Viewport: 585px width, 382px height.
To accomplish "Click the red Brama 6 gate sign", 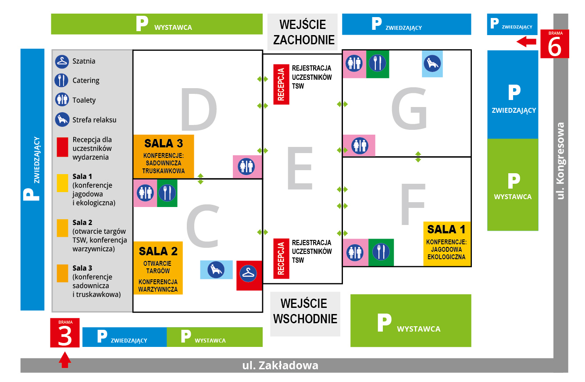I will (x=554, y=44).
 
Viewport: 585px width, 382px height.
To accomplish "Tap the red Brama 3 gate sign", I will (x=65, y=333).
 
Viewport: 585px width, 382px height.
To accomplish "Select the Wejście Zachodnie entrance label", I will (x=303, y=32).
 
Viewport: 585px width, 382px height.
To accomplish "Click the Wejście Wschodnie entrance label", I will (x=305, y=311).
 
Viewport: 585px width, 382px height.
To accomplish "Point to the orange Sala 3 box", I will (x=163, y=156).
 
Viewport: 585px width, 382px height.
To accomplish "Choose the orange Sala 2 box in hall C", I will (x=158, y=268).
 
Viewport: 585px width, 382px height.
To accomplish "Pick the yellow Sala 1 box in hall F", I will (x=447, y=244).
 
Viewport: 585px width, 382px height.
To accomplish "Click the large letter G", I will (x=409, y=108).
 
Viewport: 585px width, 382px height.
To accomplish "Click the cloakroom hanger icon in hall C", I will (x=249, y=275).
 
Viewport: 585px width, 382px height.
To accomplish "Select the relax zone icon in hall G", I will (x=432, y=64).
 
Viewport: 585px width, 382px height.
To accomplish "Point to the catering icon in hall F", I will (x=381, y=252).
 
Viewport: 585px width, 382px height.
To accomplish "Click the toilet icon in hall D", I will (x=247, y=167).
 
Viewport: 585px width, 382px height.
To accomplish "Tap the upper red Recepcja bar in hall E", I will (x=281, y=84).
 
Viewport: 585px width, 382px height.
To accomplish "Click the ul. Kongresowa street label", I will (x=560, y=161).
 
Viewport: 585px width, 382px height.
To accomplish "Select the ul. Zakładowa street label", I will (x=280, y=365).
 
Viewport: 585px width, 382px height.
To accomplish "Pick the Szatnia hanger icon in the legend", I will (x=62, y=61).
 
